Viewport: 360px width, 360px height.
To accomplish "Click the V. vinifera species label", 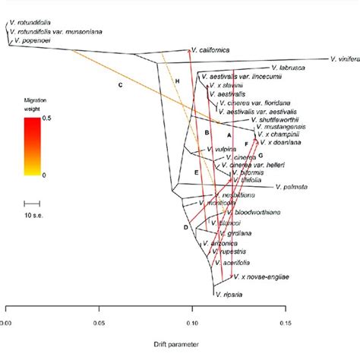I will [345, 58].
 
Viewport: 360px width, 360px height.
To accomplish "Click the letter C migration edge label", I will [120, 84].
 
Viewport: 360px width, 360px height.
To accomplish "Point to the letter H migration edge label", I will [177, 81].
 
